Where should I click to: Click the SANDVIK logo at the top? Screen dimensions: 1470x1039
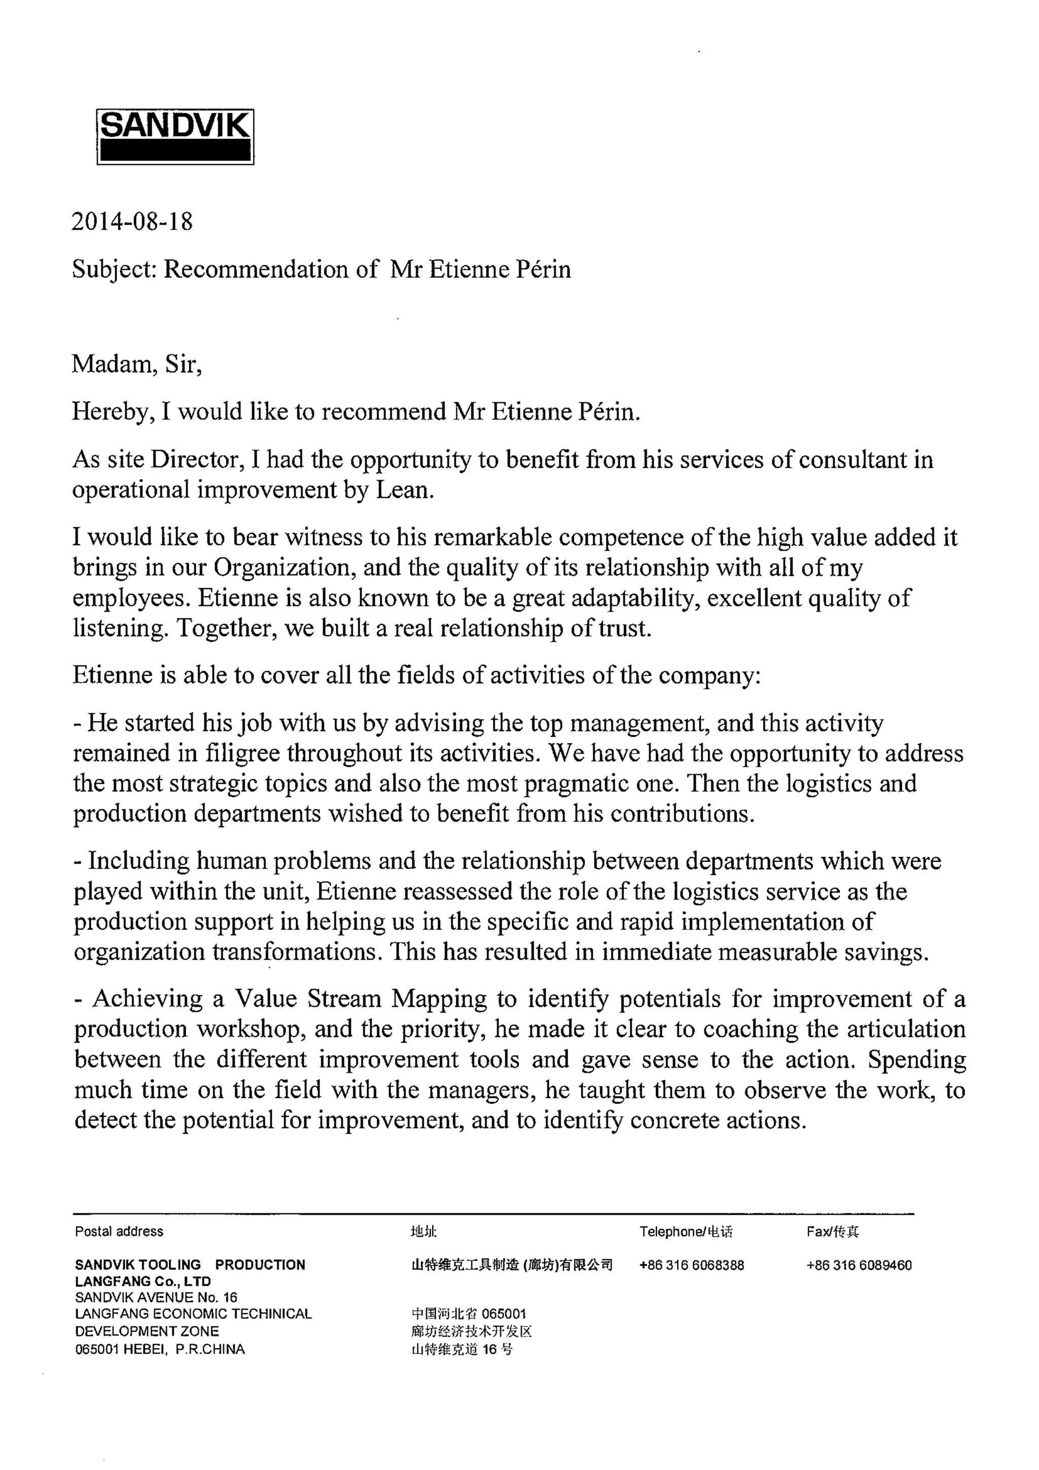click(x=175, y=136)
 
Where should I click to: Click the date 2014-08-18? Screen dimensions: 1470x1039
click(x=132, y=222)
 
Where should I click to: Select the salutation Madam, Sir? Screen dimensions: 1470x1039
click(x=136, y=364)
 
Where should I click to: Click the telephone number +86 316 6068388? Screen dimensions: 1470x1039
click(x=691, y=1265)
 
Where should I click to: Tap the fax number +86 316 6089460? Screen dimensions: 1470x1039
click(x=859, y=1265)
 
